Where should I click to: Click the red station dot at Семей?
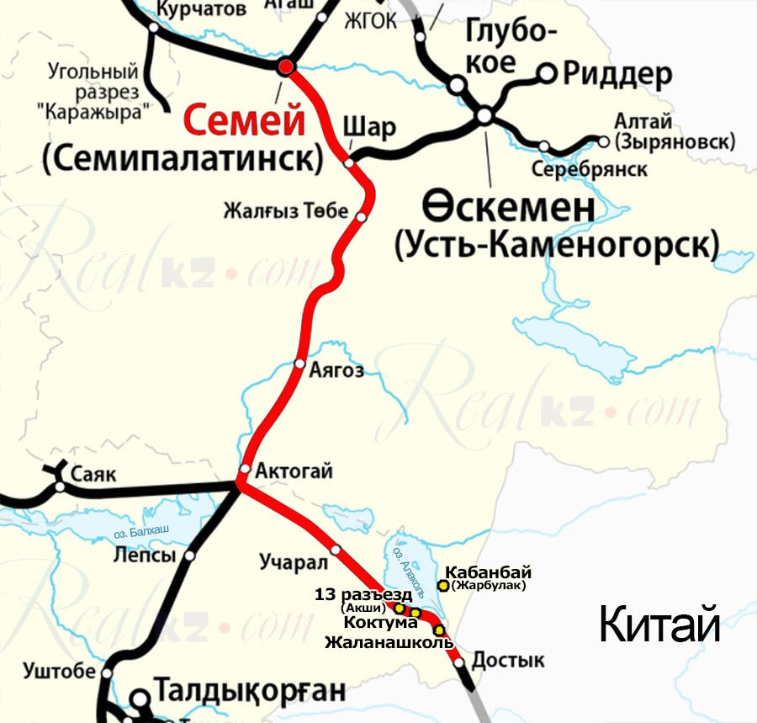coord(287,66)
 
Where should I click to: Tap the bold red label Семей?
coord(244,121)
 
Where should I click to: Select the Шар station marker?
coord(350,162)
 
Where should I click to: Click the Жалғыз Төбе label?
coord(285,210)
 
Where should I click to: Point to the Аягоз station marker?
coord(299,364)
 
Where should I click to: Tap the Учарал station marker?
coord(336,550)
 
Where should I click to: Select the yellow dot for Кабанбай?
coord(443,585)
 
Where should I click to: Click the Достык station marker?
coord(459,662)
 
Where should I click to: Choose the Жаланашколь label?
coord(389,643)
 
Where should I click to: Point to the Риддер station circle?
coord(547,73)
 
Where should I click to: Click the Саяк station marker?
coord(60,486)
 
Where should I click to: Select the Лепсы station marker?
coord(190,556)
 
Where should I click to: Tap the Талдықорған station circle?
coord(140,697)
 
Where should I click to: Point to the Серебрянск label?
coord(590,170)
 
